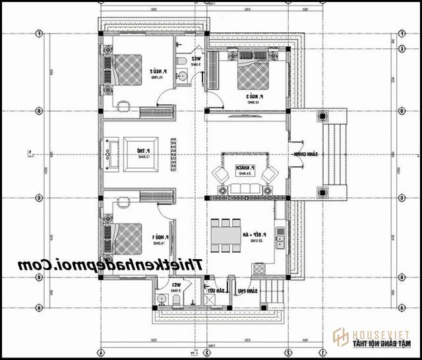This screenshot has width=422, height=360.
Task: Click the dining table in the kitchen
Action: pos(226,235)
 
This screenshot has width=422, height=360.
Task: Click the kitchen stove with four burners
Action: pos(259,269)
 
